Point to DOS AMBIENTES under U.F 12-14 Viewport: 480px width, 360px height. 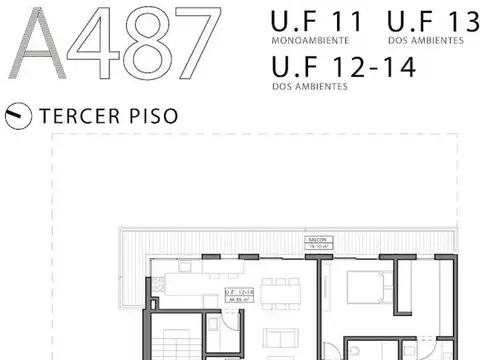click(x=309, y=87)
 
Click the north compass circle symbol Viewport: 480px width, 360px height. click(x=17, y=115)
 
